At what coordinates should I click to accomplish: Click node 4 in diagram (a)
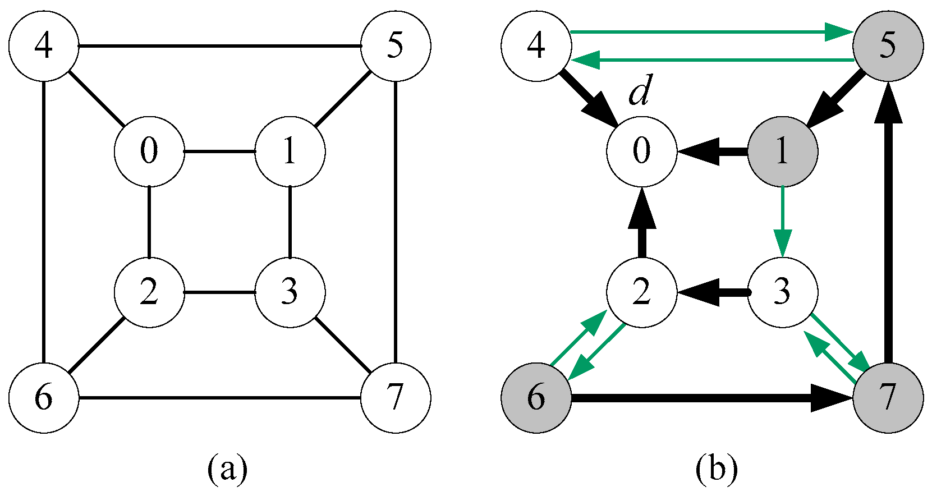(44, 46)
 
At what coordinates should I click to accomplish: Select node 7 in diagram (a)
(396, 398)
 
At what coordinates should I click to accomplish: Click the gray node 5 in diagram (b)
(888, 46)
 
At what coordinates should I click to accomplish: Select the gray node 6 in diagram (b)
(536, 398)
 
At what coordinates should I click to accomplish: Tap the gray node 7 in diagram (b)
(888, 398)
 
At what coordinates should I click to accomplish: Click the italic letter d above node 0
(639, 93)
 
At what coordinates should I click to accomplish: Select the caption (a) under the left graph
(227, 469)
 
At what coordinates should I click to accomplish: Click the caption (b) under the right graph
(717, 469)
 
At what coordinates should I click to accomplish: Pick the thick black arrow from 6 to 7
(707, 398)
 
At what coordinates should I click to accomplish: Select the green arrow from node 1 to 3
(782, 219)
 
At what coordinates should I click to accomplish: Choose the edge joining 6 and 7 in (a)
(219, 398)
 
